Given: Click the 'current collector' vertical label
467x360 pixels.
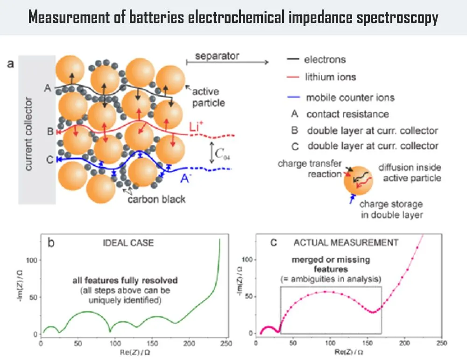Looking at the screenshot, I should coord(28,134).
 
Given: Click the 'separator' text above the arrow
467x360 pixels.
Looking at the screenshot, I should coord(217,56).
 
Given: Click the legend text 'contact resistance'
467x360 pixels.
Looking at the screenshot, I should coord(347,114).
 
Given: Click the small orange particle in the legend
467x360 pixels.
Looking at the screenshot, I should coord(357,184).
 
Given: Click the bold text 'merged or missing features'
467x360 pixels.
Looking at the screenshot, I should coord(331,264).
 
